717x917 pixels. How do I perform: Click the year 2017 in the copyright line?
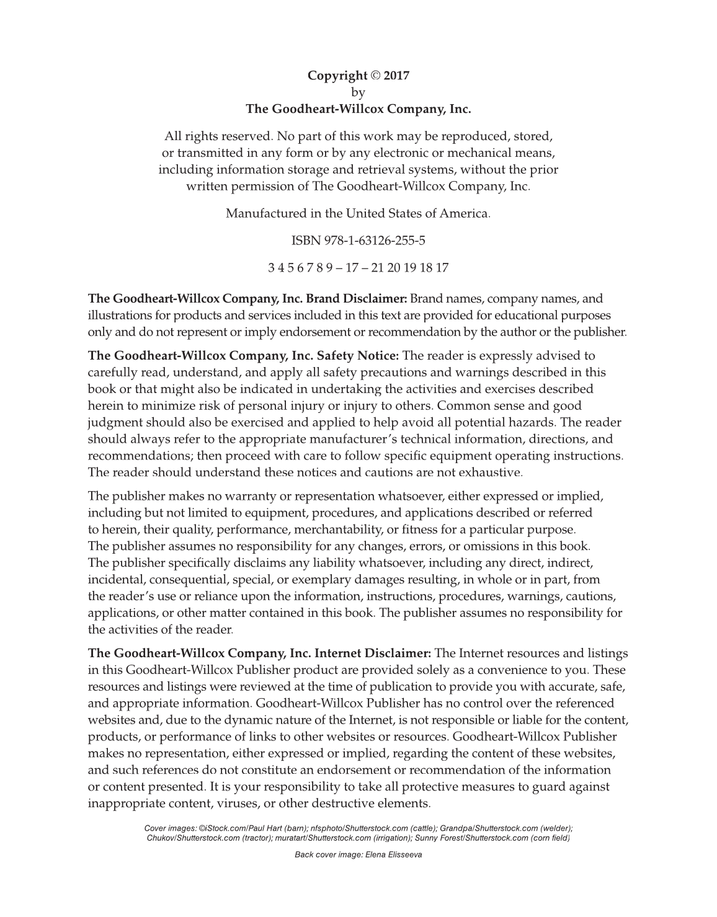point(397,76)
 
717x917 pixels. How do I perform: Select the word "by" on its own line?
point(358,92)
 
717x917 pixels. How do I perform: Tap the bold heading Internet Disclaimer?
point(373,653)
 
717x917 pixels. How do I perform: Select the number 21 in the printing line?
point(378,268)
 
